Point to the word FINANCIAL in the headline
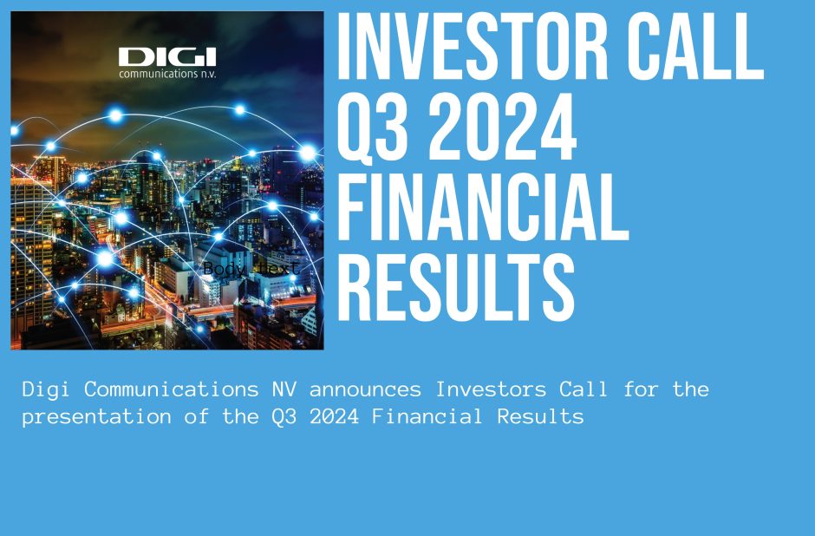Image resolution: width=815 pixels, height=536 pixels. click(481, 208)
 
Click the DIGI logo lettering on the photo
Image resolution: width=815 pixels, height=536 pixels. click(167, 57)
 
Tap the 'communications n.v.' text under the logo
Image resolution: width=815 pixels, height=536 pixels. click(167, 74)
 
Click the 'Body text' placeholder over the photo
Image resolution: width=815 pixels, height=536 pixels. click(252, 270)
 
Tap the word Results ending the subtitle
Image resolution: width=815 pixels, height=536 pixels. click(539, 416)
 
